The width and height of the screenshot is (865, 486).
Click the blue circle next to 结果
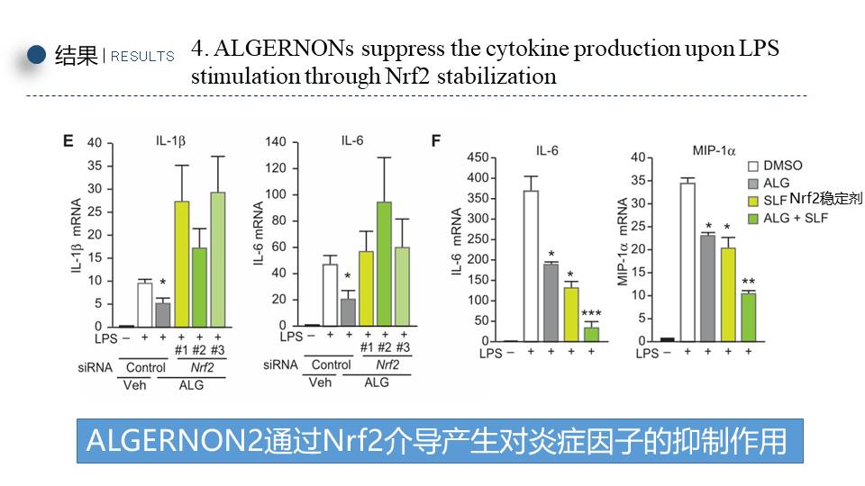click(x=36, y=55)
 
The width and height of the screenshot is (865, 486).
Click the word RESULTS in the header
click(x=142, y=57)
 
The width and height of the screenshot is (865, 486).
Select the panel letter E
click(x=68, y=140)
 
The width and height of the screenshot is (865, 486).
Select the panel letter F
click(x=436, y=141)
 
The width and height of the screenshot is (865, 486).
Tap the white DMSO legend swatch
click(x=753, y=166)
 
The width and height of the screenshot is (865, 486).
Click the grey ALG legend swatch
click(x=753, y=184)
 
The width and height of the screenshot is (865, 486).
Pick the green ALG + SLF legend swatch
click(x=753, y=218)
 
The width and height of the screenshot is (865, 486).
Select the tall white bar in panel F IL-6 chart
click(x=532, y=265)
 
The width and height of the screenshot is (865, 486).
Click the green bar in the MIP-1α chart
click(x=749, y=317)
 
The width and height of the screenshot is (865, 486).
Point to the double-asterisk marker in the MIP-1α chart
click(x=749, y=282)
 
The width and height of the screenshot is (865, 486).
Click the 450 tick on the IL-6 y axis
click(x=477, y=158)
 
